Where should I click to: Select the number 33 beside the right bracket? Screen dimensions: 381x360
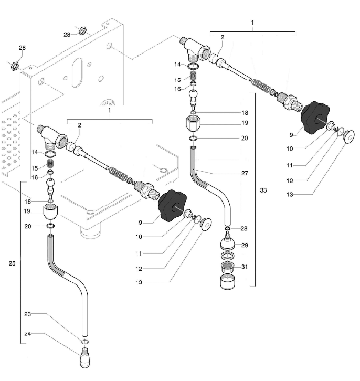263,190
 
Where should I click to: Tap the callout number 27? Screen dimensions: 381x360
245,173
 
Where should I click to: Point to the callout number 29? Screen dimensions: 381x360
245,245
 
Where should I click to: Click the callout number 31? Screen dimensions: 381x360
245,267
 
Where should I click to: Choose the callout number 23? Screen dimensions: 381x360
28,314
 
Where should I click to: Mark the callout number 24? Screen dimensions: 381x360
28,333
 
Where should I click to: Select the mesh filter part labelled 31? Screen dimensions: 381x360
227,266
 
